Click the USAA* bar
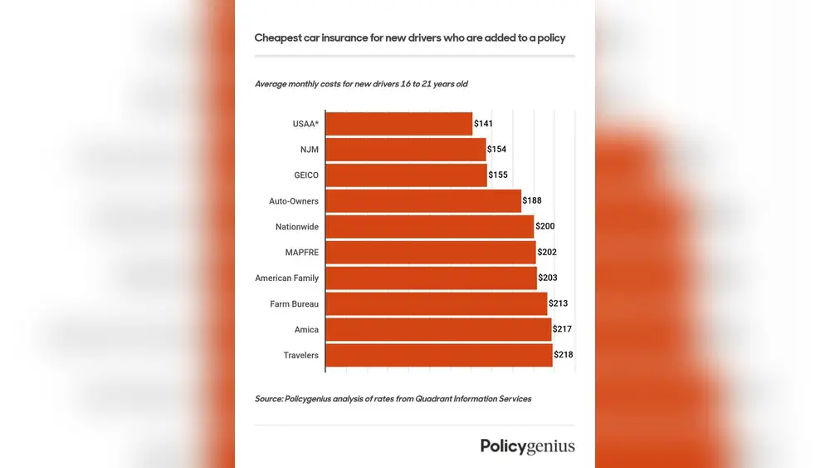(x=399, y=124)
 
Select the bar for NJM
(x=406, y=150)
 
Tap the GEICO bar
(x=407, y=175)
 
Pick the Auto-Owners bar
(x=423, y=201)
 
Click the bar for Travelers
(x=439, y=355)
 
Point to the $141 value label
(x=483, y=124)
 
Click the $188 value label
(x=532, y=201)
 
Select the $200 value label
(x=545, y=227)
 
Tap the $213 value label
(x=558, y=303)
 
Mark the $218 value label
(x=564, y=355)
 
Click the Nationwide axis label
(x=297, y=227)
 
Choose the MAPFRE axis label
(x=301, y=253)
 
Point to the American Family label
(x=286, y=278)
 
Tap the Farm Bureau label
(x=294, y=304)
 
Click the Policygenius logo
(x=527, y=446)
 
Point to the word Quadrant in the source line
(x=429, y=399)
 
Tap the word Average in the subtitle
(x=273, y=84)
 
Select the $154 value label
(x=496, y=150)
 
